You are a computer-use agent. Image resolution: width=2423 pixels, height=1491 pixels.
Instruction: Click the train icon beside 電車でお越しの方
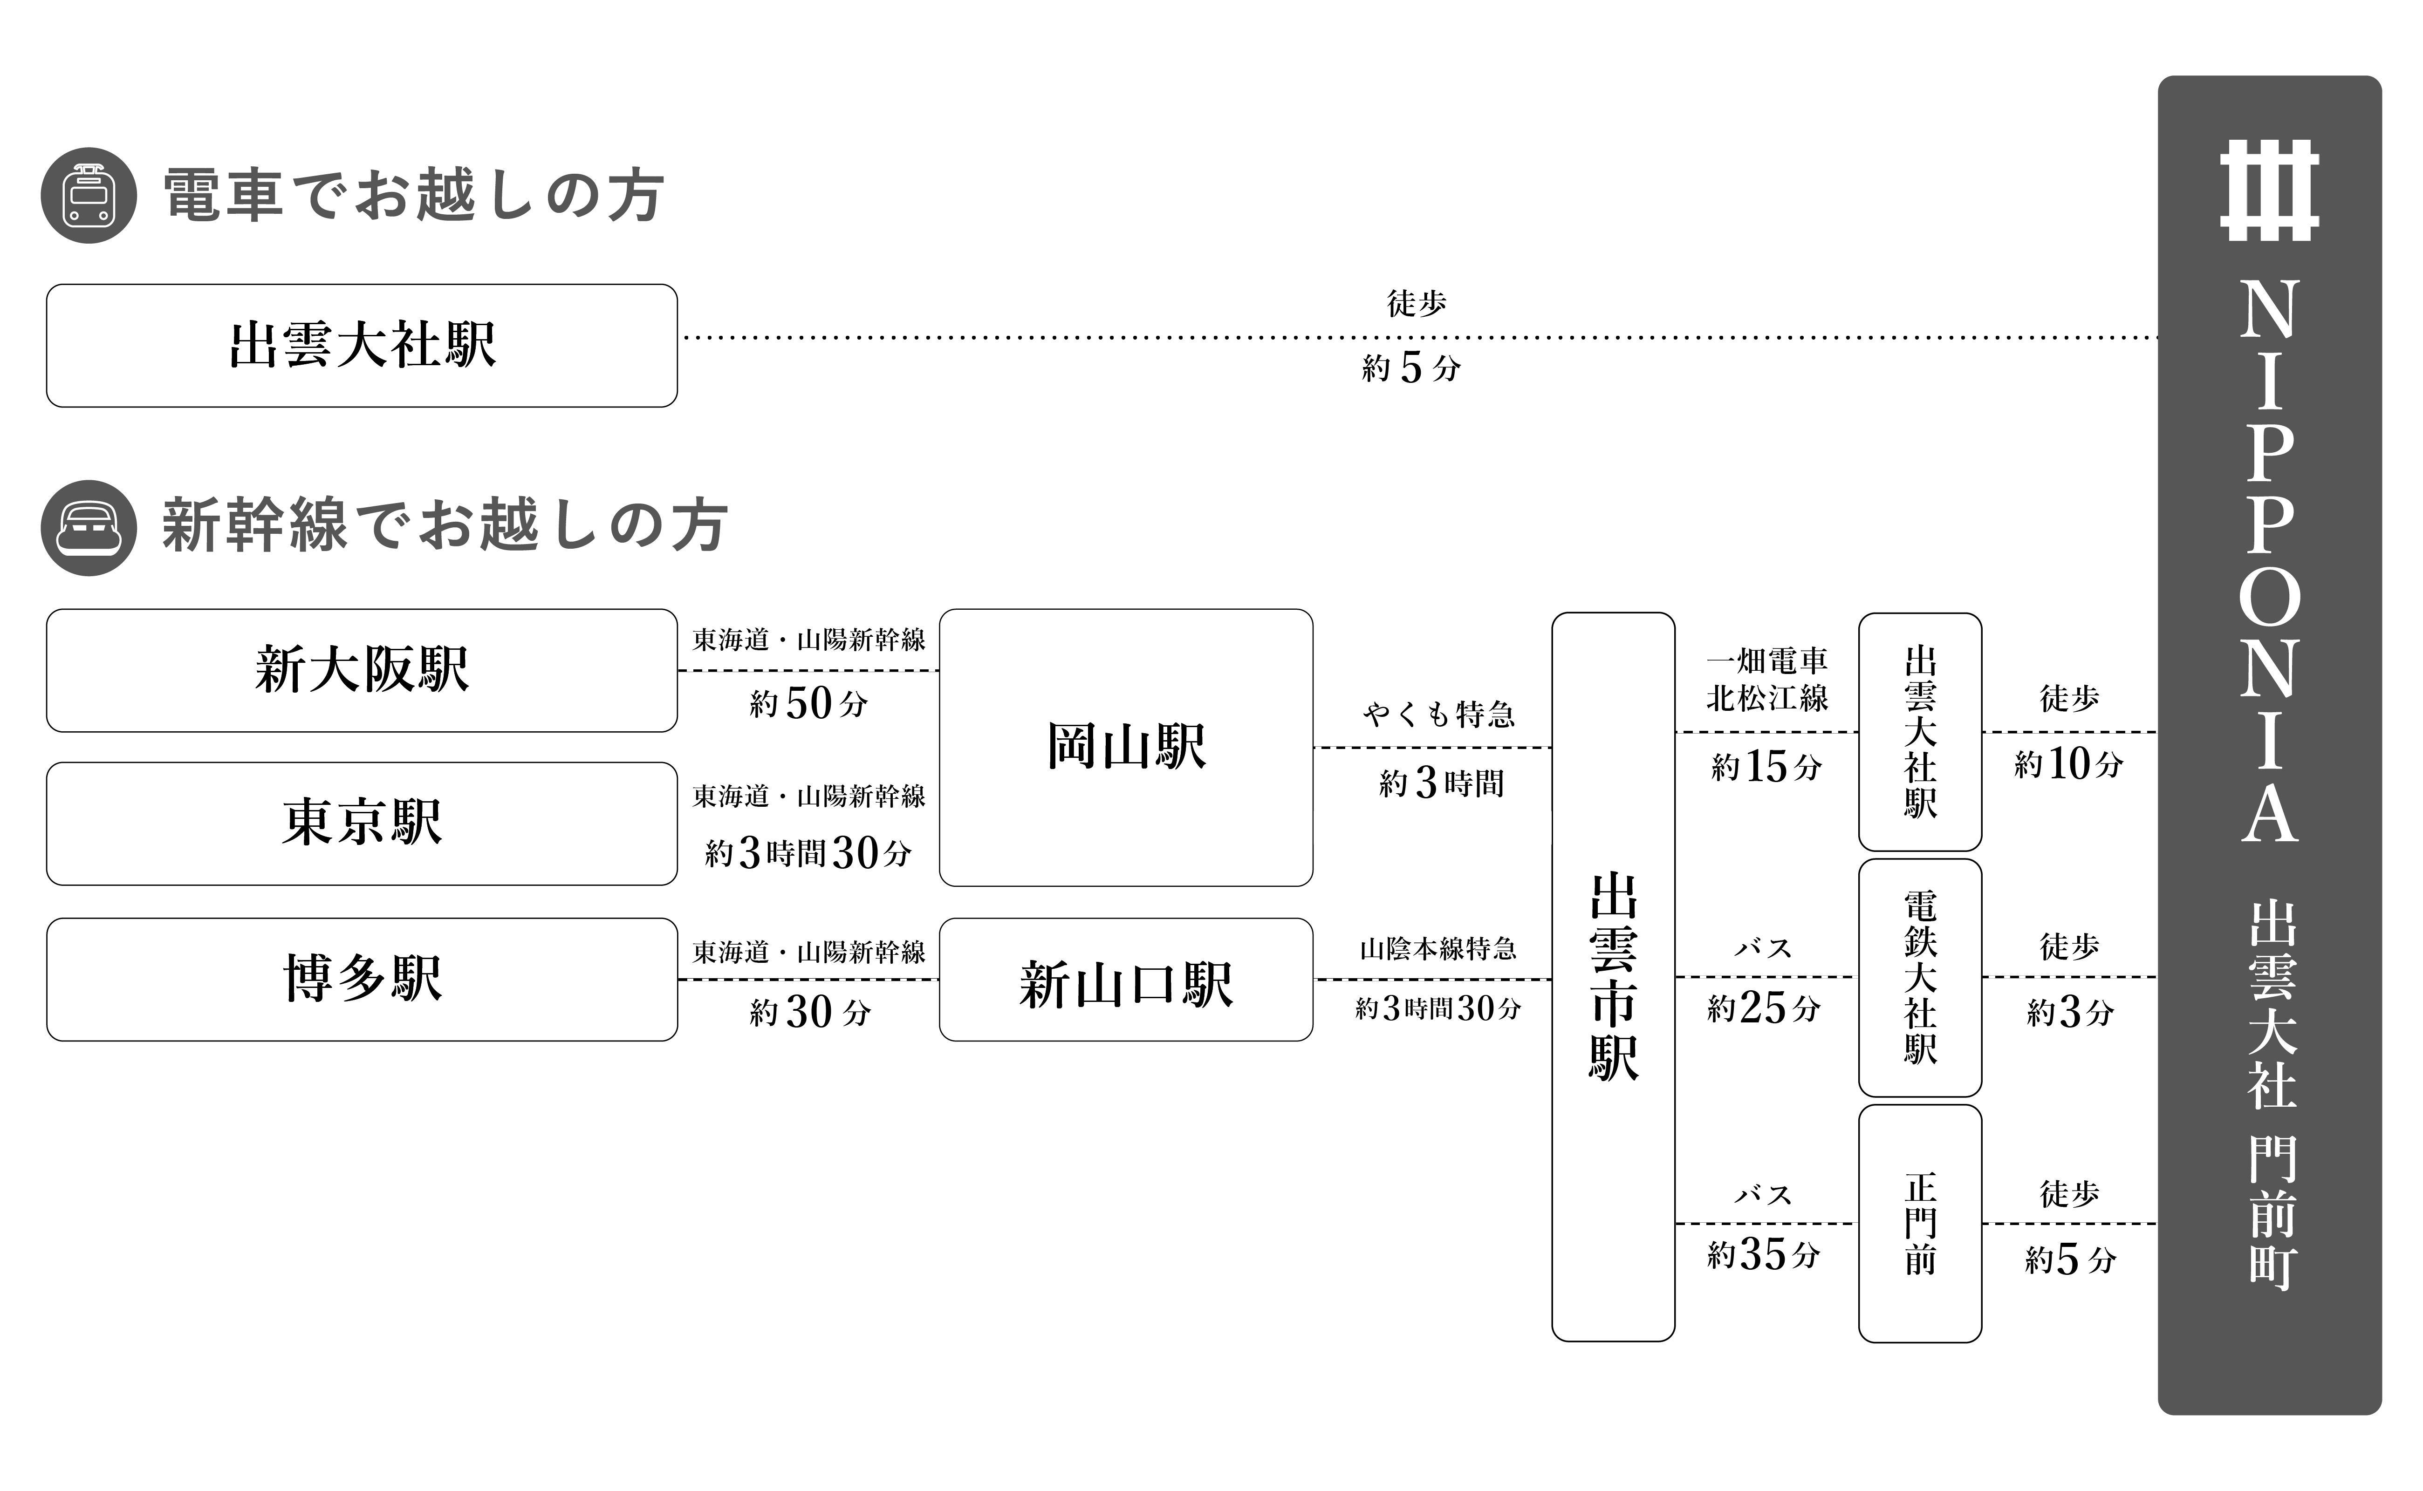[x=88, y=195]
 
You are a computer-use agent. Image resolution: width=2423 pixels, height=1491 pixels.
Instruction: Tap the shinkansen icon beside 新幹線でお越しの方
[x=88, y=528]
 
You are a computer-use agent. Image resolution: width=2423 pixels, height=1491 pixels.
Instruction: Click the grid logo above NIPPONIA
[x=2269, y=191]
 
